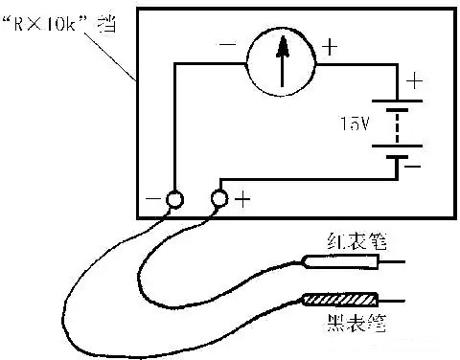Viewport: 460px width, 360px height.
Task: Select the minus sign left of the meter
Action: pyautogui.click(x=228, y=44)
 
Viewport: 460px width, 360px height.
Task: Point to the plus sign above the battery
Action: pyautogui.click(x=414, y=81)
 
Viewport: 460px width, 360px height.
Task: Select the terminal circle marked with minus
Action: pyautogui.click(x=174, y=199)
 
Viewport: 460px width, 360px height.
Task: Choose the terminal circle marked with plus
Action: pyautogui.click(x=218, y=198)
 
